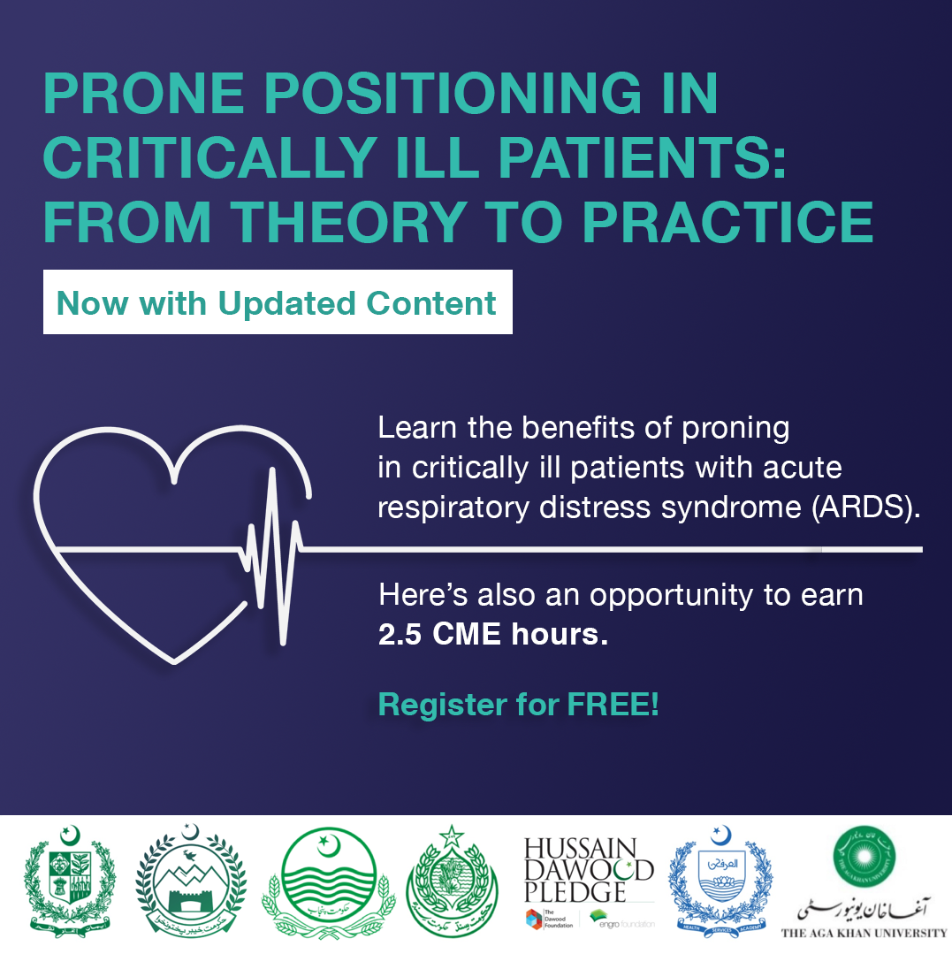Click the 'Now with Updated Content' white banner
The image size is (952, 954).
click(278, 302)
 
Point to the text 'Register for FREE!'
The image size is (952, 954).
click(518, 705)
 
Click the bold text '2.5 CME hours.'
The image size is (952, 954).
click(493, 636)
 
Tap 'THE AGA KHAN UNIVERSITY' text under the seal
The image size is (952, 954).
click(863, 932)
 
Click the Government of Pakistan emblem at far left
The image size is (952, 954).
click(70, 885)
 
